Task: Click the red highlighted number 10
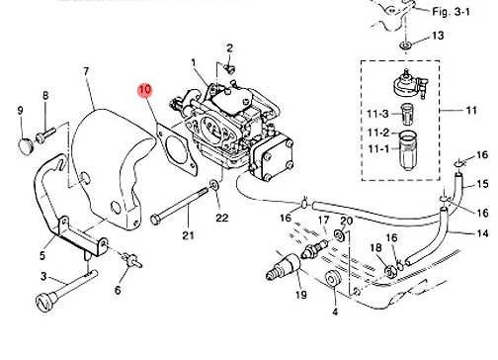coord(145,90)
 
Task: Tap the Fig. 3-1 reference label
coord(451,12)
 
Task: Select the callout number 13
coord(438,36)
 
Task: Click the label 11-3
coord(377,114)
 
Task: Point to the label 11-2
coord(378,133)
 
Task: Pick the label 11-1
coord(378,149)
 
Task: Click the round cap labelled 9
coord(26,146)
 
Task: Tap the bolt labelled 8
coord(45,135)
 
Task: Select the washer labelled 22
coord(213,185)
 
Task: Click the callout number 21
coord(188,235)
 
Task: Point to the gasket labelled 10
coord(177,149)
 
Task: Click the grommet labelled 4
coord(332,280)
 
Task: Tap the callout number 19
coord(301,294)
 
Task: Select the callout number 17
coord(324,220)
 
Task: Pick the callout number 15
coord(482,184)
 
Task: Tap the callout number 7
coord(86,71)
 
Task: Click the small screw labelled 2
coord(229,69)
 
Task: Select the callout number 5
coord(42,255)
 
